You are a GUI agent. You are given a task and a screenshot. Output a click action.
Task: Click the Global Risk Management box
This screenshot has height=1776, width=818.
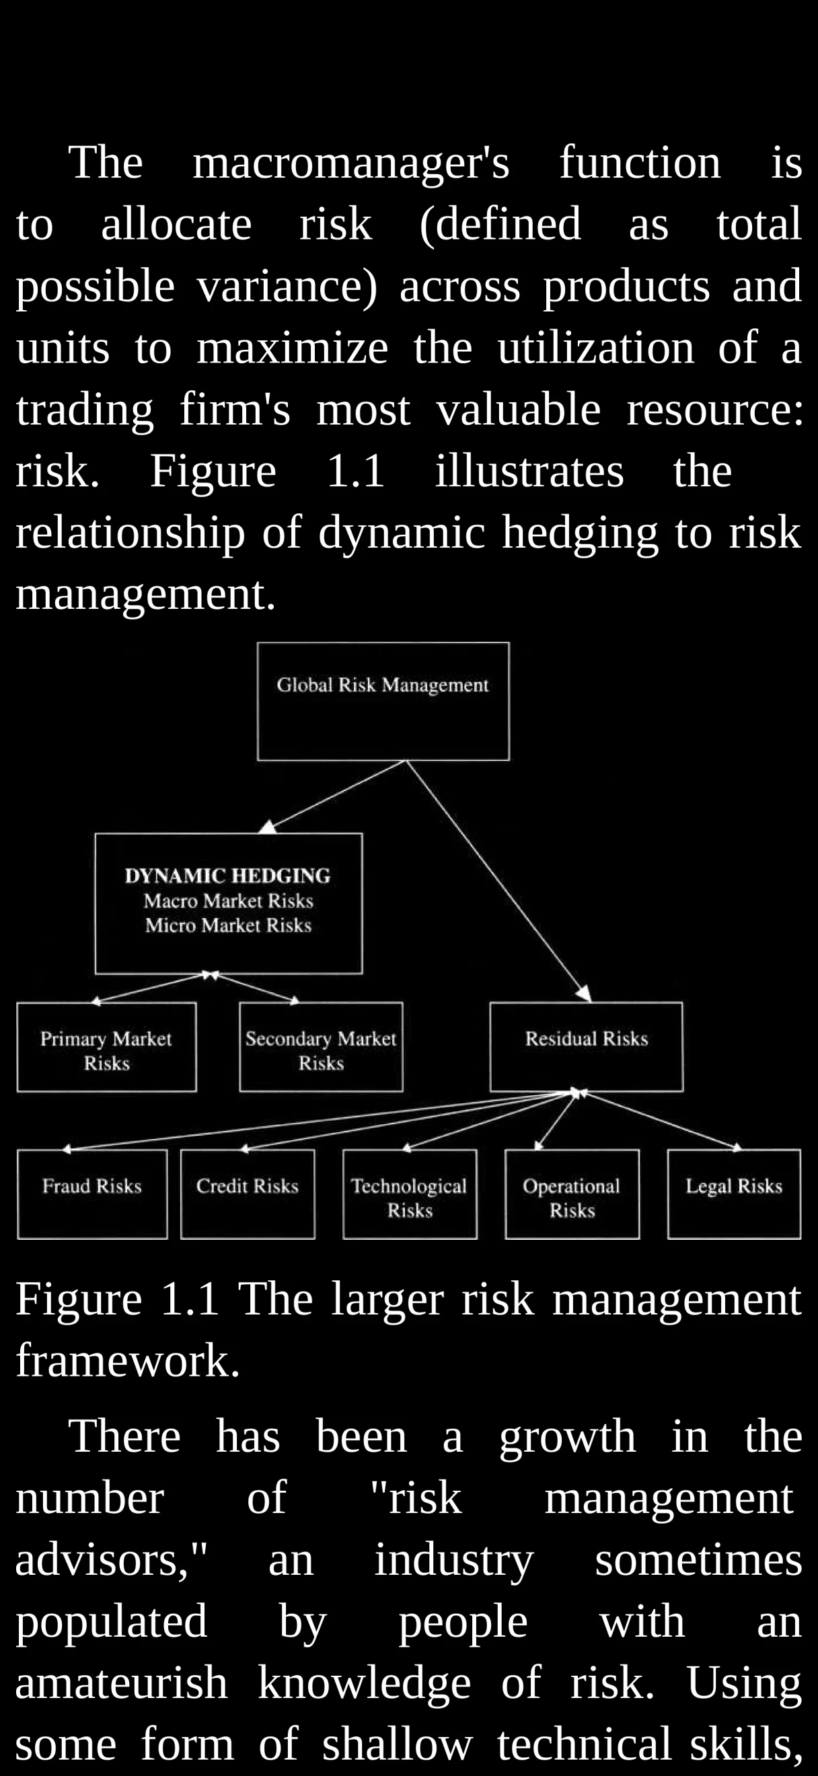[x=383, y=701]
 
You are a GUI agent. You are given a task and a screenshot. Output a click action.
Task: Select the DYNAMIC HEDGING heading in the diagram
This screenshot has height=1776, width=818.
[x=227, y=876]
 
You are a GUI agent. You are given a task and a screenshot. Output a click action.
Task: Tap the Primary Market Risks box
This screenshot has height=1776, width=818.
[x=106, y=1047]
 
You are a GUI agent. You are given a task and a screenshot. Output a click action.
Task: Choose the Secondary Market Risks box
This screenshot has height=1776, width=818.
[x=321, y=1047]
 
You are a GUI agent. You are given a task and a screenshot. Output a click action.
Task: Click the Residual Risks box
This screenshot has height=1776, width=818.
[x=587, y=1047]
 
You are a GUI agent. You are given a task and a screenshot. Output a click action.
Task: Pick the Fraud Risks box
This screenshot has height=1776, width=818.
[x=92, y=1193]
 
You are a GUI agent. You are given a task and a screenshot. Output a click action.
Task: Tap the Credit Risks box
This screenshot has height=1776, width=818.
[x=248, y=1193]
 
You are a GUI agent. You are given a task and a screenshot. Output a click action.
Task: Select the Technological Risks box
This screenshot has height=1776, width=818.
[x=410, y=1193]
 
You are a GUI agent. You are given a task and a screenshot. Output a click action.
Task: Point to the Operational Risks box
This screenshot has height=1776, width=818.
[x=572, y=1193]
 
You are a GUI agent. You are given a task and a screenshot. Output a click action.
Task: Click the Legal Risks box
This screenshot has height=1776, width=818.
[x=734, y=1193]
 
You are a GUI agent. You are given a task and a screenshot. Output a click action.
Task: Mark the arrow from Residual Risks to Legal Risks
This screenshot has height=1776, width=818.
[x=661, y=1120]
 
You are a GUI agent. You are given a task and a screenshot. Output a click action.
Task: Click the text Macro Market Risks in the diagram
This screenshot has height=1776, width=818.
[x=228, y=901]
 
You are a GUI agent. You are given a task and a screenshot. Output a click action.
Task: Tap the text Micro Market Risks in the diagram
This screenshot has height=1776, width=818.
[x=228, y=925]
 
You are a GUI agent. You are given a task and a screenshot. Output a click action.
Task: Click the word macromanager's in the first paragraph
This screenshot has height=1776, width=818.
[x=350, y=163]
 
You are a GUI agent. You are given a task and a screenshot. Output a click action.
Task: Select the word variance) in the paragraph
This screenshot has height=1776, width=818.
[x=287, y=286]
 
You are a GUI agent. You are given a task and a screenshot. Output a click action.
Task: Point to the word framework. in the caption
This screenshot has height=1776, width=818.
[x=128, y=1360]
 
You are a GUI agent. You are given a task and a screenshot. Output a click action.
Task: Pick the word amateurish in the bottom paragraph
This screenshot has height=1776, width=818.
[x=121, y=1683]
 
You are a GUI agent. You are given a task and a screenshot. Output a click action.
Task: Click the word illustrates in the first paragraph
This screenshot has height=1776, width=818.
[x=529, y=471]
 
